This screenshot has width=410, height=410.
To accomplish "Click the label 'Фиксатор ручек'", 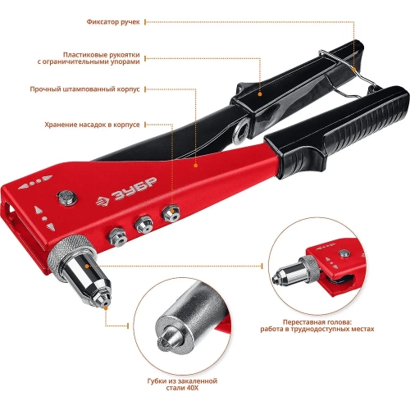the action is [x=113, y=22].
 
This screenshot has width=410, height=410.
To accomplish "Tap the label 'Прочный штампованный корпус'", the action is [x=84, y=89].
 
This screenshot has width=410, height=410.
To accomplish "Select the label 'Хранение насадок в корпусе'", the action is [x=92, y=125].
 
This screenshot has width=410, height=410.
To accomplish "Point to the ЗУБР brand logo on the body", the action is [x=126, y=192].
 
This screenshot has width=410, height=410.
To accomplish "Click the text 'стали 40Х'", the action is [x=182, y=388].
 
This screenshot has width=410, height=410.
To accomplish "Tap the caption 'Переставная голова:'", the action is [x=317, y=322].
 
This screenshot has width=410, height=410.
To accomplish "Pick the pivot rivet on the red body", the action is [x=66, y=197].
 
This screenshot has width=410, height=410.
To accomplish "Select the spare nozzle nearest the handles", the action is [x=171, y=213].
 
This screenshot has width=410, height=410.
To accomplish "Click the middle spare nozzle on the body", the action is [x=143, y=225].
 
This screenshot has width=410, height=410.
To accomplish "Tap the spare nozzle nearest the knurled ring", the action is [x=117, y=237].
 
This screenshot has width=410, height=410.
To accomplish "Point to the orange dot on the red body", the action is [x=195, y=166].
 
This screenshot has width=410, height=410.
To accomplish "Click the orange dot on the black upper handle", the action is [x=260, y=94].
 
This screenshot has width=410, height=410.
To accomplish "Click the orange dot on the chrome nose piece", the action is [x=87, y=266].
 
